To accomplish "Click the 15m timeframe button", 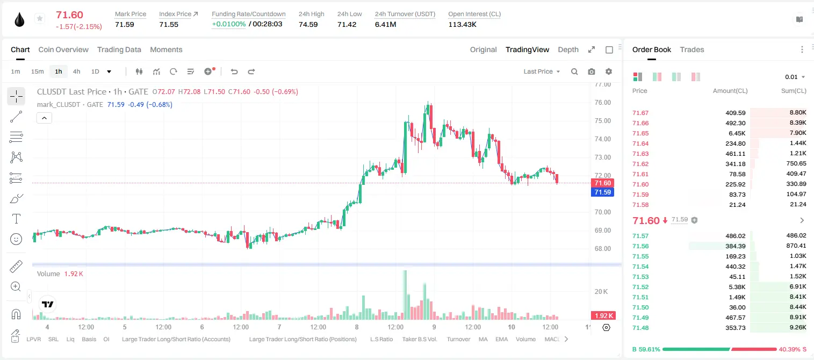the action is (x=38, y=71).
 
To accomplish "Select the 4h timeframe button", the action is (x=76, y=71).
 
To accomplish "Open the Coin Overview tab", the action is (x=63, y=49).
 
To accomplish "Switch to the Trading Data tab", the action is (x=119, y=49).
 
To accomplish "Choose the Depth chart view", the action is (x=568, y=49).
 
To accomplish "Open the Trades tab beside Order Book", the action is (x=692, y=49).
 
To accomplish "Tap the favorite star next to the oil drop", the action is (x=40, y=18).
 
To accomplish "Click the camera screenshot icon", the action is (x=592, y=71).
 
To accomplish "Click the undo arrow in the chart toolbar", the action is (x=234, y=71).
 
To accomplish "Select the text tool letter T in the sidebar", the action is (x=16, y=219).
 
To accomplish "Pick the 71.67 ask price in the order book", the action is (x=640, y=113).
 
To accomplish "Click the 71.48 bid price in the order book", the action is (x=640, y=328).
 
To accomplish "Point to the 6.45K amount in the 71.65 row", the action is (x=737, y=133).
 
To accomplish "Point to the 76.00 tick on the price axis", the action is (x=602, y=103).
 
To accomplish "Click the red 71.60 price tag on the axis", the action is (x=602, y=183).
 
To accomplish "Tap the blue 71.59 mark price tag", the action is (x=602, y=192).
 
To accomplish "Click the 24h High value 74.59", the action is (x=308, y=24).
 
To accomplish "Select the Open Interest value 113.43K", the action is (x=462, y=24).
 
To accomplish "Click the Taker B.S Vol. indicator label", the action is (x=420, y=339).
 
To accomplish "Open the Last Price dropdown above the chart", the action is (x=542, y=71).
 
